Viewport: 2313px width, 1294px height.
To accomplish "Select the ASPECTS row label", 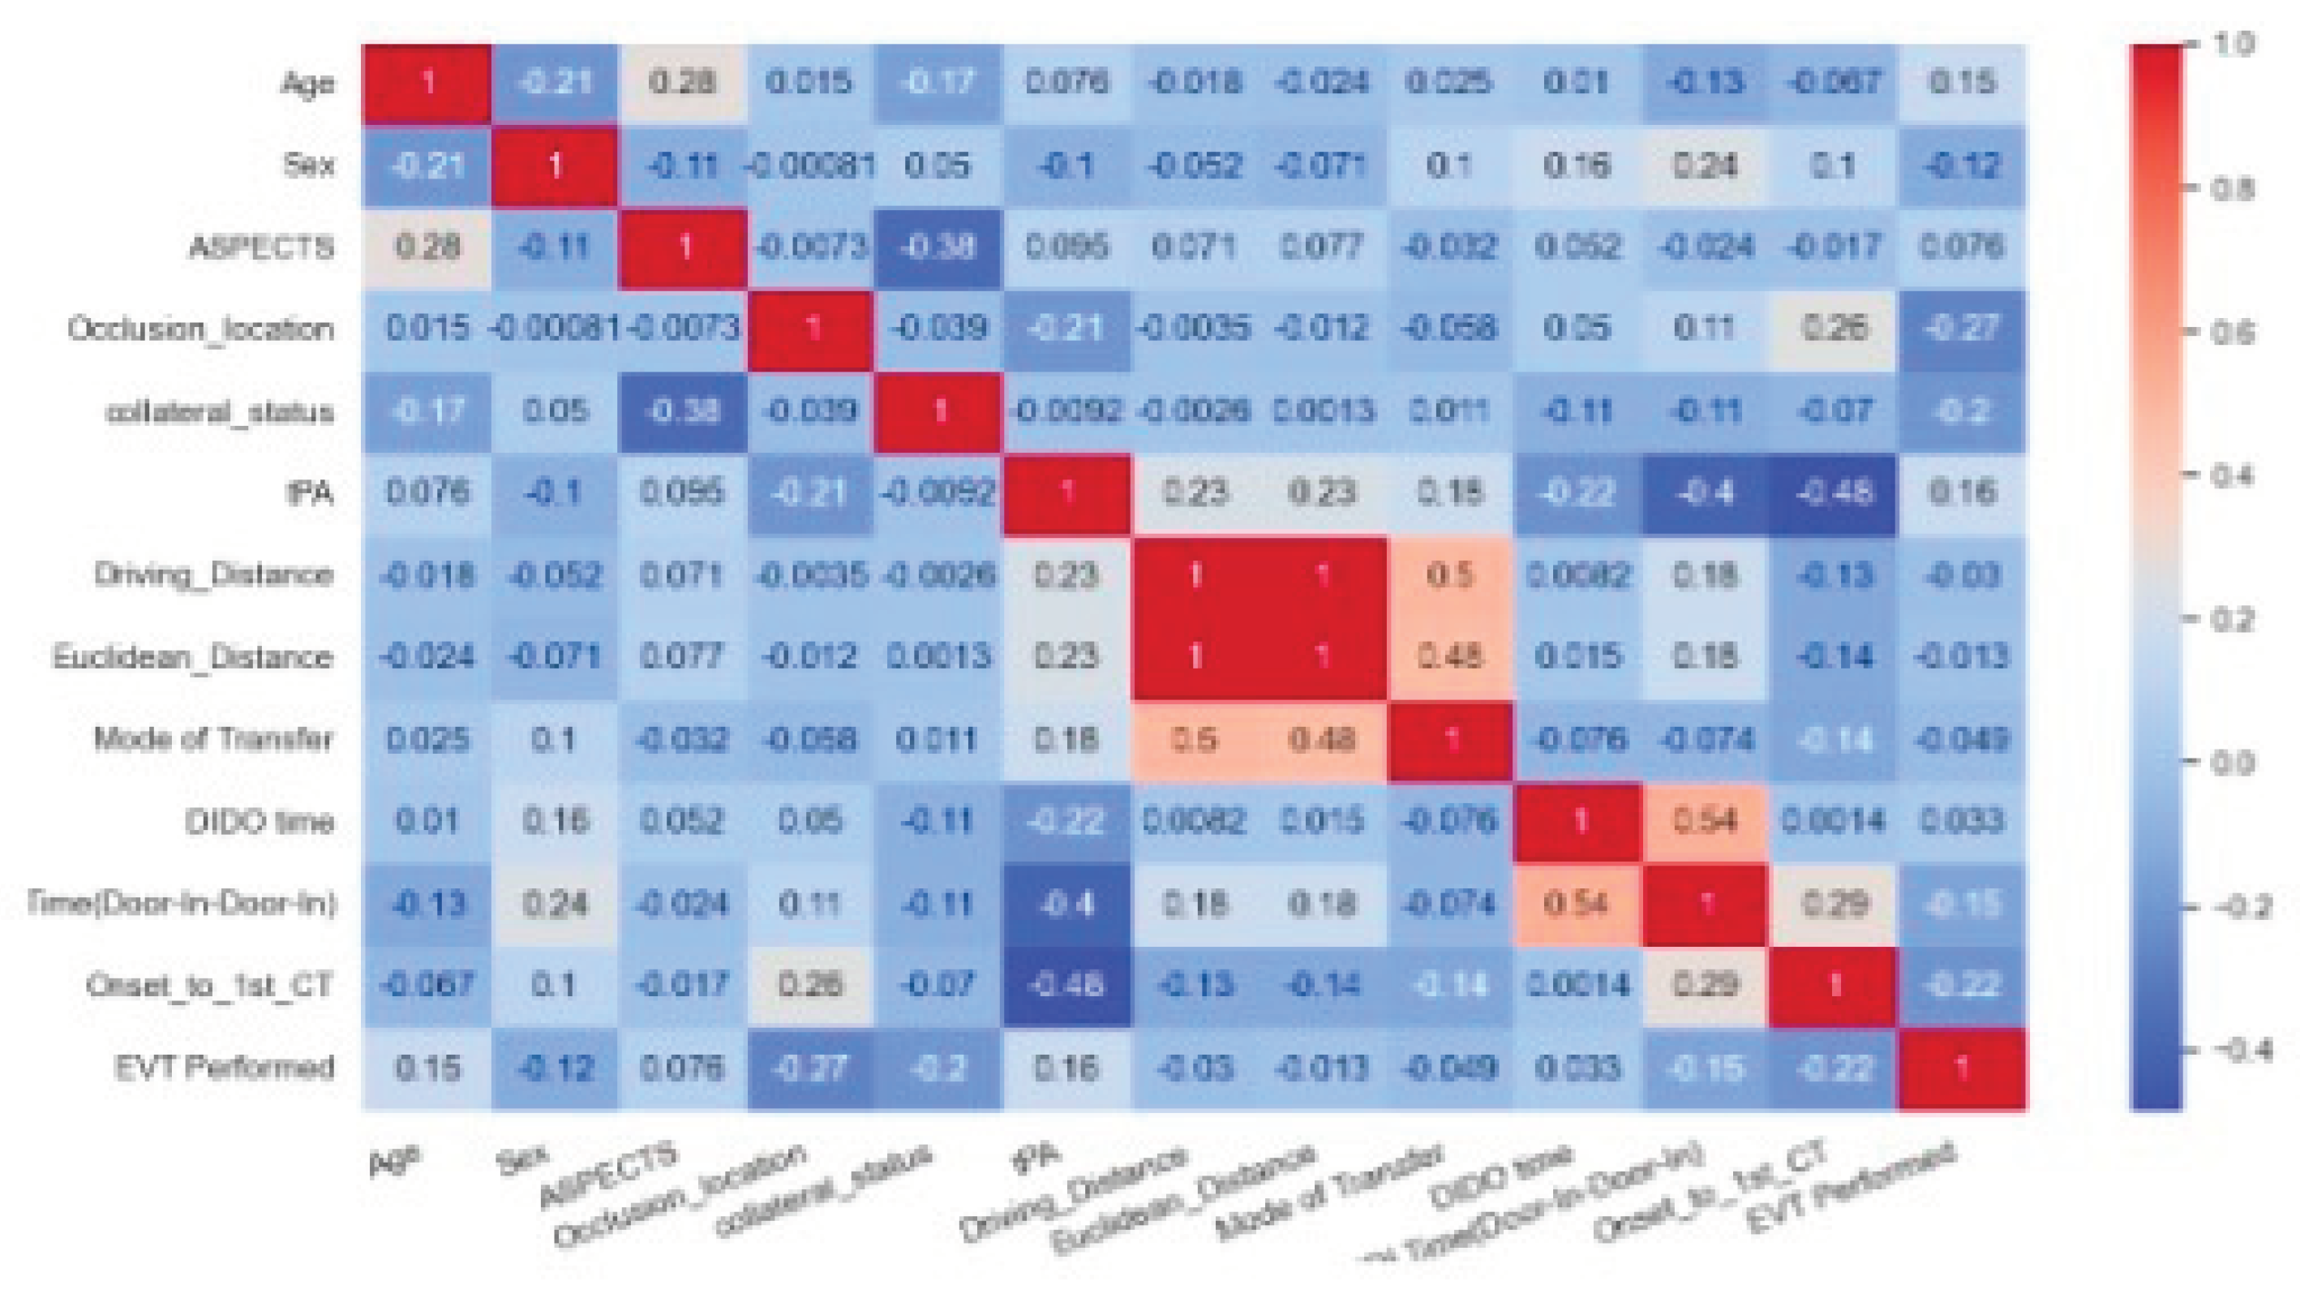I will (261, 247).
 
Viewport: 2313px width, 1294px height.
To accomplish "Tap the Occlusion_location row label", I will (201, 329).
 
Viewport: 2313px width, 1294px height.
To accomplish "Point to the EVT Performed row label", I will (225, 1068).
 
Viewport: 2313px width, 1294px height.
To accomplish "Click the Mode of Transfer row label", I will (214, 739).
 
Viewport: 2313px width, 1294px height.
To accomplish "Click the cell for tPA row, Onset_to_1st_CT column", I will (1834, 493).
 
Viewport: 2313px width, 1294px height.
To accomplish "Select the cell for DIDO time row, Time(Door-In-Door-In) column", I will (1705, 821).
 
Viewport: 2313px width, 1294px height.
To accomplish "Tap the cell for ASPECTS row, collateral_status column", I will (938, 247).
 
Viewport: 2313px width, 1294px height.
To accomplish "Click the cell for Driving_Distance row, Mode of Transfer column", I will (1449, 574).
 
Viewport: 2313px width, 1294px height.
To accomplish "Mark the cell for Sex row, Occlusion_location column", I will (810, 166).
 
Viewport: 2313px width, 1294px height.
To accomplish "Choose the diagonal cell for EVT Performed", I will (1962, 1068).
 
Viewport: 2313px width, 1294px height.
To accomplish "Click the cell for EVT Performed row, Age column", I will (427, 1068).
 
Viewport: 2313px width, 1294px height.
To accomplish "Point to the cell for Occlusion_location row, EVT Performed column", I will (1962, 329).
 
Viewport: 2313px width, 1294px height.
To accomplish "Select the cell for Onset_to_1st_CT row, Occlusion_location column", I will (810, 985).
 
